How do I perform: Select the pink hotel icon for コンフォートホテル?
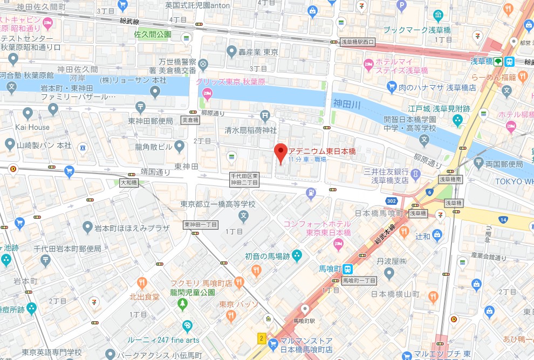[338, 244]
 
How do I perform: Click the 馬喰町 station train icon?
[348, 268]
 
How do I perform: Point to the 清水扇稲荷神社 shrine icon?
[264, 115]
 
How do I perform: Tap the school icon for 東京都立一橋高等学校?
[243, 217]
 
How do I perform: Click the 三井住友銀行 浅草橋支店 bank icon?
[415, 174]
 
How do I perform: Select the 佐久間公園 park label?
[153, 34]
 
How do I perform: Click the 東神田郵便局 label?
[150, 121]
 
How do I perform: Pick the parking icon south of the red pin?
[311, 192]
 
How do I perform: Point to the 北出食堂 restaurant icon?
[141, 282]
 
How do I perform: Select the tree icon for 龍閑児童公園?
[183, 304]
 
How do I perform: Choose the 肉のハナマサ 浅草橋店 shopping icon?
[392, 87]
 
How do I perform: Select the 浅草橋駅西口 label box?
[357, 41]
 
